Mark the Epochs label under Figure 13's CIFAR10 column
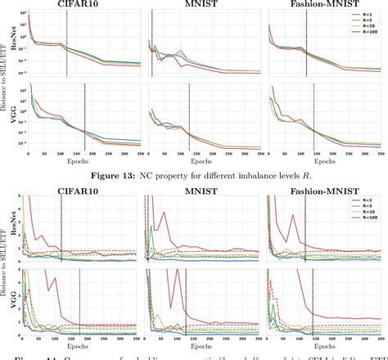tap(84, 160)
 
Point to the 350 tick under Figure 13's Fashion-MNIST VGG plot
tap(381, 154)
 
